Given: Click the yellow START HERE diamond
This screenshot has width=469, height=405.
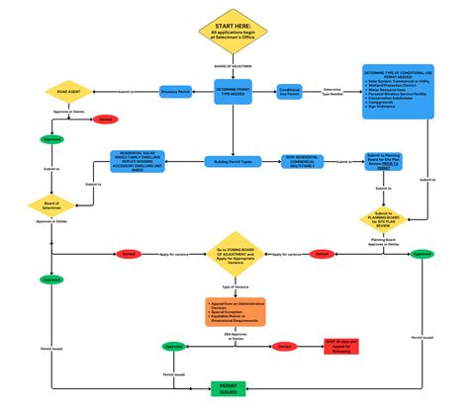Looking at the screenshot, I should click(x=234, y=33).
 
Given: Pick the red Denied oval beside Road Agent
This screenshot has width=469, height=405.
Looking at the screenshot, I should click(x=104, y=121).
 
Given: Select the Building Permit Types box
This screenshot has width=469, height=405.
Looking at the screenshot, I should click(x=234, y=160).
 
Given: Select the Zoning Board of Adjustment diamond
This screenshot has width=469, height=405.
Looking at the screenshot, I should click(x=234, y=255).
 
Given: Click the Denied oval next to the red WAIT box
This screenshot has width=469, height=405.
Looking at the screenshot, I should click(x=284, y=347).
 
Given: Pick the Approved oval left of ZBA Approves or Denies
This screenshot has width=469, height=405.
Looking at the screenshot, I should click(x=174, y=348).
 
